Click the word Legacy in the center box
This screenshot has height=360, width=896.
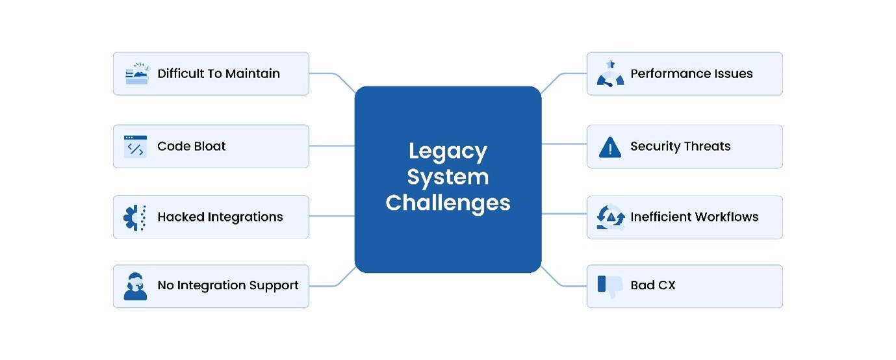448,152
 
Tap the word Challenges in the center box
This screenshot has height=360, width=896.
448,202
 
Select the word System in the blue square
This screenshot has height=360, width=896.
448,177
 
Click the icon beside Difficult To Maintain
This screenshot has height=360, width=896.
136,74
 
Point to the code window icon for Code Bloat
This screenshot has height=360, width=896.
135,147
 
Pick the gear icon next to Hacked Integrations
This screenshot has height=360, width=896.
135,217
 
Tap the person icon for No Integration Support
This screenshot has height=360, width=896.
135,286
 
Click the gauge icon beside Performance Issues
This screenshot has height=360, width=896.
610,74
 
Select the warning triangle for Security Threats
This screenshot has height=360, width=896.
610,148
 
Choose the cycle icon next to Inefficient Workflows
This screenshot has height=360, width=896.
610,217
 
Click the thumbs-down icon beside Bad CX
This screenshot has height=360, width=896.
610,286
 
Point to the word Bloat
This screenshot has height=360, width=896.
209,146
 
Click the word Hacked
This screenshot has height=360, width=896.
179,216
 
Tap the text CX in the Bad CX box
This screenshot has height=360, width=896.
667,285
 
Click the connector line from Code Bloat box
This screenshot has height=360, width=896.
331,146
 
